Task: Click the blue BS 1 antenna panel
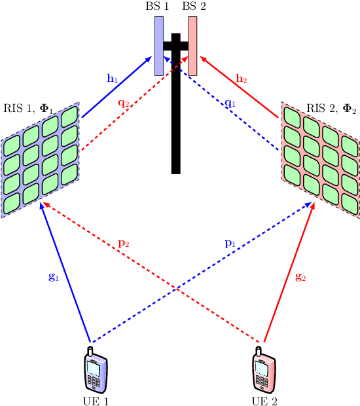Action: pyautogui.click(x=158, y=46)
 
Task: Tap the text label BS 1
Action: pyautogui.click(x=158, y=7)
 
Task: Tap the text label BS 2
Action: pyautogui.click(x=194, y=7)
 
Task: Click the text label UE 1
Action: pyautogui.click(x=96, y=400)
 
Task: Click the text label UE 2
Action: pyautogui.click(x=265, y=400)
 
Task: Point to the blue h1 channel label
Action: pyautogui.click(x=113, y=79)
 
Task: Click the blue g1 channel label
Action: pyautogui.click(x=54, y=276)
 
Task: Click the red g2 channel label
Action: pyautogui.click(x=301, y=276)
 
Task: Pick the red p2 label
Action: pyautogui.click(x=124, y=244)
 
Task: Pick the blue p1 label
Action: pyautogui.click(x=230, y=244)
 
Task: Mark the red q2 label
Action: pyautogui.click(x=124, y=103)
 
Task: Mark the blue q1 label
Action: pyautogui.click(x=230, y=103)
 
